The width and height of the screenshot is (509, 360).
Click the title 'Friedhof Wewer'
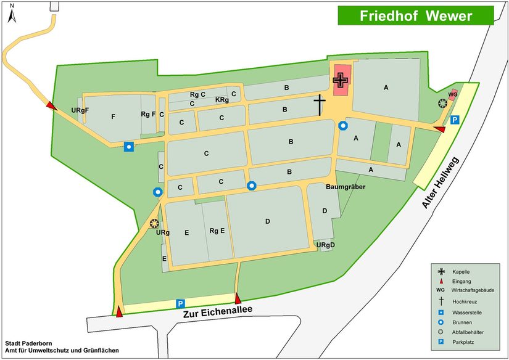pos(416,15)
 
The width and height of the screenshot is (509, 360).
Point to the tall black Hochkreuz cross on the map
pos(320,105)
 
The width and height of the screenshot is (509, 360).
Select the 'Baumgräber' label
pos(346,186)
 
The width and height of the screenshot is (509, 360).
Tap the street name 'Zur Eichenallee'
pos(218,313)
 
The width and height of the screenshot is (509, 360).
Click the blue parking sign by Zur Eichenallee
pos(181,303)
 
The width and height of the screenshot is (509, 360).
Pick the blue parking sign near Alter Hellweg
pos(455,120)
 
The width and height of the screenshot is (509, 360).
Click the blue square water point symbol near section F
pos(128,146)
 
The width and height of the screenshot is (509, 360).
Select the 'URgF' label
pos(80,110)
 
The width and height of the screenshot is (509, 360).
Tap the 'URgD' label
pos(325,245)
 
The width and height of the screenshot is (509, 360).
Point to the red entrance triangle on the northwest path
pos(51,107)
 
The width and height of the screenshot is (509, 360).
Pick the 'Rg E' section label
pos(217,231)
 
